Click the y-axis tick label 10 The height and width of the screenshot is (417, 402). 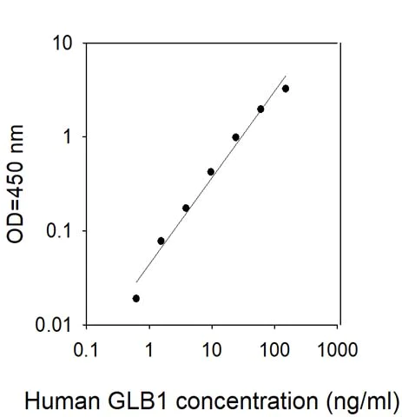(62, 43)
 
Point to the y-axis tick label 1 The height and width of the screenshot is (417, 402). (66, 136)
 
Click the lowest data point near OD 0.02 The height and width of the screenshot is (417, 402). (136, 298)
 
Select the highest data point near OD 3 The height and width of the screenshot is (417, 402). (286, 89)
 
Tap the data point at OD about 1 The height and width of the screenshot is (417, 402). (235, 137)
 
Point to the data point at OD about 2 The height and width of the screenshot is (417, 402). (260, 109)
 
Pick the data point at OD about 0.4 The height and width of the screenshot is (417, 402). (211, 172)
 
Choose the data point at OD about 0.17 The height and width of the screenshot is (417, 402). (186, 208)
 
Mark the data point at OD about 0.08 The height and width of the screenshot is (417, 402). (161, 241)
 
